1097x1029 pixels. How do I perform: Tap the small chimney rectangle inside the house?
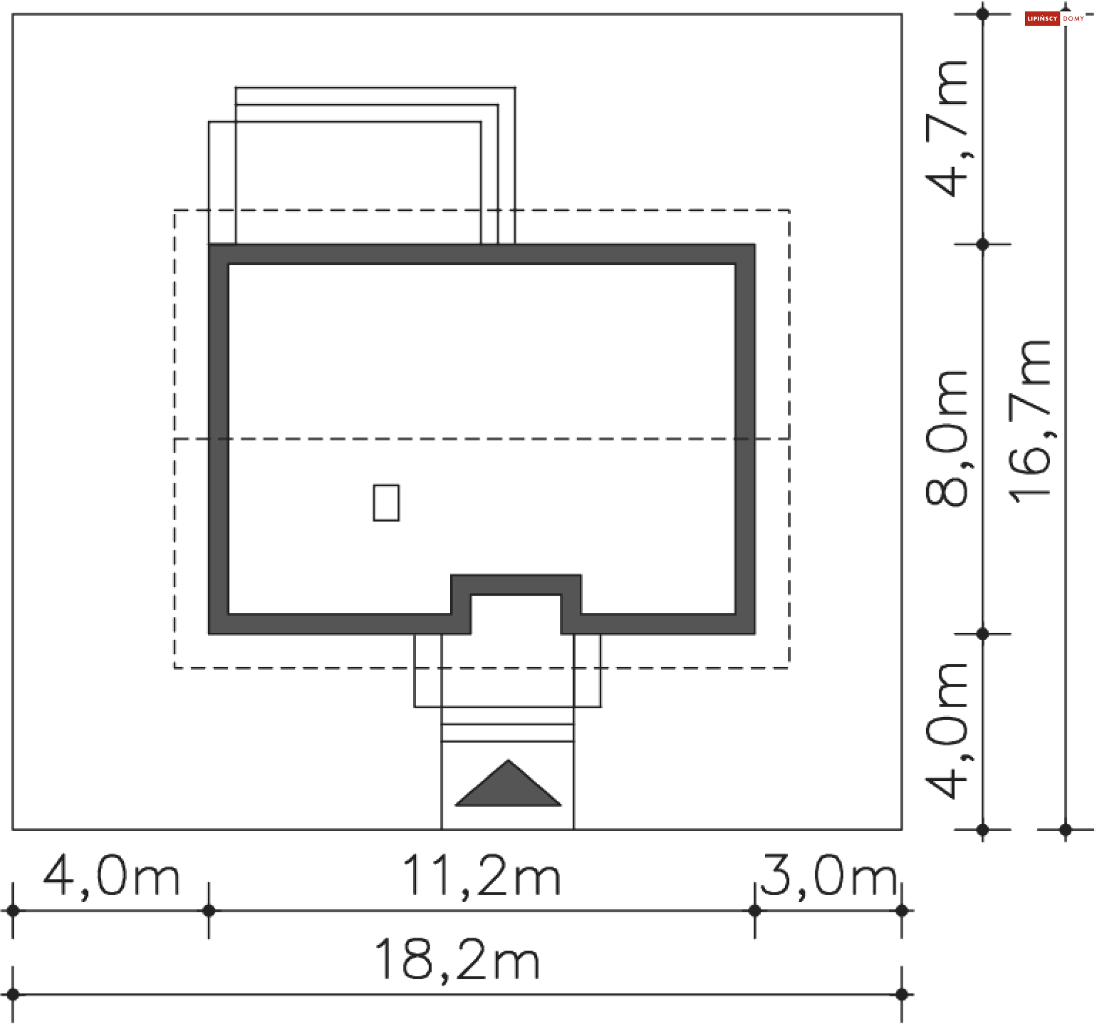coord(386,503)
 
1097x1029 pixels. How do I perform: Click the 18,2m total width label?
coord(457,960)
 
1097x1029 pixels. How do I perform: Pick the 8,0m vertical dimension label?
coord(947,438)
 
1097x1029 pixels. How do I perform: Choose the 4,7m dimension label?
coord(947,128)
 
